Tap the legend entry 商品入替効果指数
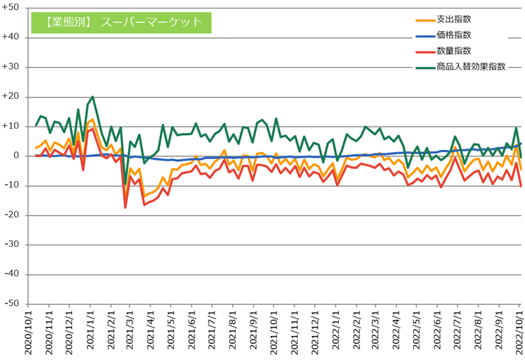(x=471, y=66)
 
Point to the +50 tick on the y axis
(x=15, y=8)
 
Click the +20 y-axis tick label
(x=15, y=97)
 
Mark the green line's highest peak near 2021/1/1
(x=93, y=97)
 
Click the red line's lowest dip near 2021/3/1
(x=125, y=207)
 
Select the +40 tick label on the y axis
(x=15, y=37)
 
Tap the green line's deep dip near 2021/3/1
(x=125, y=185)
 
